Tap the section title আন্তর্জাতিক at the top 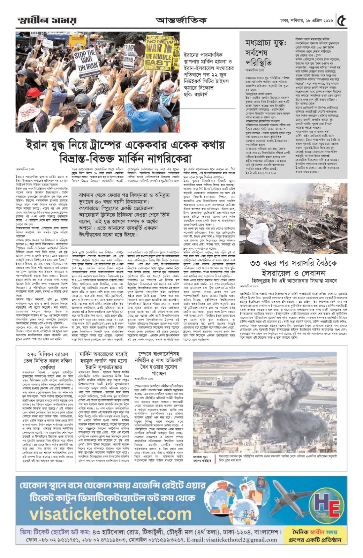tap(181, 21)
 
